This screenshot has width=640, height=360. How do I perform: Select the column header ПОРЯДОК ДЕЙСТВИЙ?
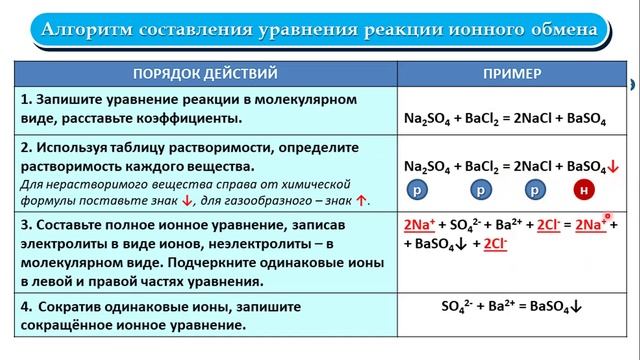[205, 74]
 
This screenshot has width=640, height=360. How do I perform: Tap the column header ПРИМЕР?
[512, 74]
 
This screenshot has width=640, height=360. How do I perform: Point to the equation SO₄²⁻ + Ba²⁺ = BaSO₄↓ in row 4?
[512, 307]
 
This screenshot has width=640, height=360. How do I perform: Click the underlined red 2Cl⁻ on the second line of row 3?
[495, 243]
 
